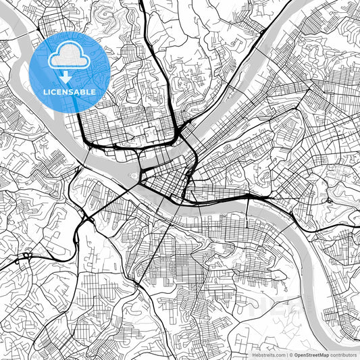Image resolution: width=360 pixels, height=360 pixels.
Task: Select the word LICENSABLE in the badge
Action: [69, 92]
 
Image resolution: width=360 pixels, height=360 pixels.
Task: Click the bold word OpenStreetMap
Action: [312, 354]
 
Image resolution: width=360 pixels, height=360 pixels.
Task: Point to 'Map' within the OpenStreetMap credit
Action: [324, 354]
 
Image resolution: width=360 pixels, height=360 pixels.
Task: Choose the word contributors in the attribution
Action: [344, 354]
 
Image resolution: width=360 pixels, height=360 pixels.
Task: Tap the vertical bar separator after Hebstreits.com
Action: [288, 354]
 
